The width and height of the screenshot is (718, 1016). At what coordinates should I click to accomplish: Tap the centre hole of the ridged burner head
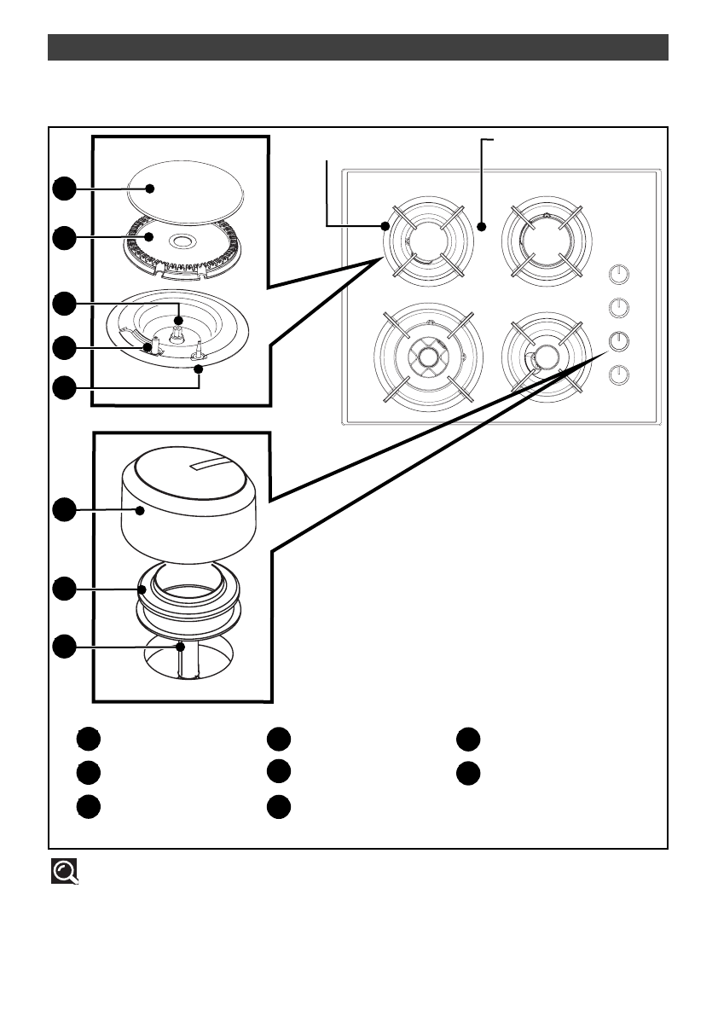[x=184, y=243]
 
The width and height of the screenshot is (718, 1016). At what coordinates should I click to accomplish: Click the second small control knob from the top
[x=620, y=307]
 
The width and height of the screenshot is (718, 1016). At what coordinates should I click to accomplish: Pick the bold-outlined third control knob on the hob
[x=620, y=340]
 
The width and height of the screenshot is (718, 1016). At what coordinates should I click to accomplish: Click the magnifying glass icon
[x=66, y=870]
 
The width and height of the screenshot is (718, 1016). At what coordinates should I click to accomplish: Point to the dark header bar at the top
[x=357, y=48]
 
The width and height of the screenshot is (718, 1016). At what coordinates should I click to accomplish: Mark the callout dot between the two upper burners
[x=482, y=227]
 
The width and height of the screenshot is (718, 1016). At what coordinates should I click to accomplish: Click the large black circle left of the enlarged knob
[x=62, y=509]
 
